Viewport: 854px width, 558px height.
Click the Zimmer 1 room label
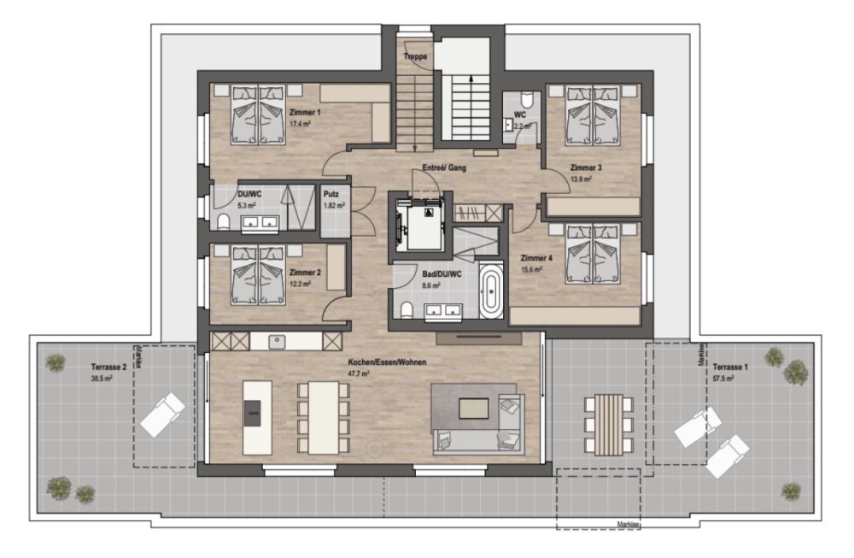pos(305,113)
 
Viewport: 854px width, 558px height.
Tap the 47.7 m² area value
pos(359,373)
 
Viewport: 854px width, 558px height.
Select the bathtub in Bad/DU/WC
pos(491,291)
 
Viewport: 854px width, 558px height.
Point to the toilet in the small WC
pos(527,100)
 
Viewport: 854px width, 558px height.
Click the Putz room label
pos(330,194)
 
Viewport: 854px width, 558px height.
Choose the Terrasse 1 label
pos(730,367)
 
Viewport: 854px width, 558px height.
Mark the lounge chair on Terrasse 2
pos(163,414)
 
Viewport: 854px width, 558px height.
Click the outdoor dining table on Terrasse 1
pos(608,425)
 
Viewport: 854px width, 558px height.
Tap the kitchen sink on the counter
pos(277,342)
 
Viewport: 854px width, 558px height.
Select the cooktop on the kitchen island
pos(252,414)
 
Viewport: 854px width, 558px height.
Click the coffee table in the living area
pos(473,408)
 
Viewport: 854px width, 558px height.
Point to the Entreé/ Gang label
pos(444,167)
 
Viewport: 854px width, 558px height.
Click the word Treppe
pos(415,56)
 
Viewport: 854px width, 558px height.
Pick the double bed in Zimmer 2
pos(258,274)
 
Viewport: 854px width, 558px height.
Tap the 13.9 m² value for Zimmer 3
pos(581,179)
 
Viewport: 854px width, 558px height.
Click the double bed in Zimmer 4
pos(593,254)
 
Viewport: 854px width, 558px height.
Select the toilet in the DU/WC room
pos(223,222)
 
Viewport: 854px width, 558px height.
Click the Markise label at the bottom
pos(628,524)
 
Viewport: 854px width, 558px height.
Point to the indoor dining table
pos(324,417)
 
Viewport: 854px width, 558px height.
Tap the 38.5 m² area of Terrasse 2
pos(102,379)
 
